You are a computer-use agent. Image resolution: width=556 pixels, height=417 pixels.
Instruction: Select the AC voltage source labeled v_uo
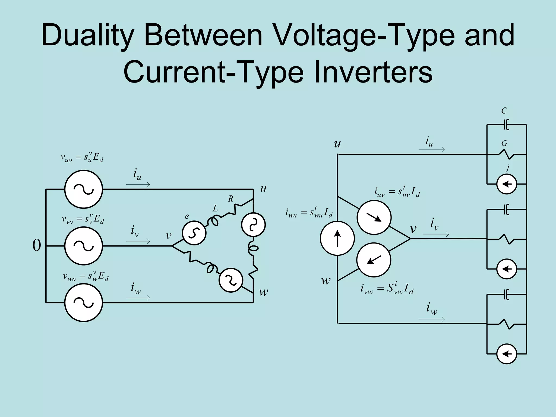[x=84, y=189]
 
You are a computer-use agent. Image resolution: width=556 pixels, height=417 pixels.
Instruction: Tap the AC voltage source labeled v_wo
[x=84, y=302]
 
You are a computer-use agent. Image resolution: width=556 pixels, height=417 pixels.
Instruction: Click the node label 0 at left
[x=37, y=245]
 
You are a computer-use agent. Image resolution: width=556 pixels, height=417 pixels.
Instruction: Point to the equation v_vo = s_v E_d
[x=83, y=219]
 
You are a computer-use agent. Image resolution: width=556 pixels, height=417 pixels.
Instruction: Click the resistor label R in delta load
[x=230, y=199]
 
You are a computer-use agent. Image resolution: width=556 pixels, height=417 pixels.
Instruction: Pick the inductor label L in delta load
[x=215, y=208]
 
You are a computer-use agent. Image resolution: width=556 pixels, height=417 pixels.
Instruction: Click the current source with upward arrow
[x=337, y=238]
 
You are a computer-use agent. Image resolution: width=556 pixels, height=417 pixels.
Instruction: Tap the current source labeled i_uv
[x=374, y=217]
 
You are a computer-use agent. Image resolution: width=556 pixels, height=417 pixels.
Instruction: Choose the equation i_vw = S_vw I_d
[x=387, y=288]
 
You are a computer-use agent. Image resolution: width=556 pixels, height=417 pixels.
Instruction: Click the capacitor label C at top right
[x=504, y=111]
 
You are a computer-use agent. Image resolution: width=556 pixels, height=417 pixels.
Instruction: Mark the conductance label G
[x=504, y=143]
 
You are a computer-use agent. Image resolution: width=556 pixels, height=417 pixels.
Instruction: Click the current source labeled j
[x=507, y=184]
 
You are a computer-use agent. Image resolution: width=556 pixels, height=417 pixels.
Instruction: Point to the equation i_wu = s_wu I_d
[x=309, y=212]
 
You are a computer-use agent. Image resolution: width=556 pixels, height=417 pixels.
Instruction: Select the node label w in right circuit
[x=326, y=280]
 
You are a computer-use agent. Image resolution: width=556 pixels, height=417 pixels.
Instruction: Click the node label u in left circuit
[x=263, y=188]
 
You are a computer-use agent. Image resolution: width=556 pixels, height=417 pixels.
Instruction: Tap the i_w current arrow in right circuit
[x=432, y=319]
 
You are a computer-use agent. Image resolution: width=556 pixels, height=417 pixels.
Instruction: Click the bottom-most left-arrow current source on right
[x=507, y=354]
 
